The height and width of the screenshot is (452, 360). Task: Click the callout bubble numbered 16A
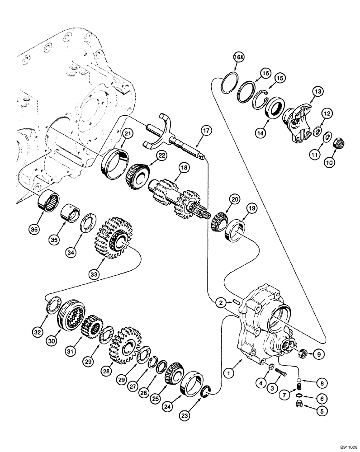(238, 58)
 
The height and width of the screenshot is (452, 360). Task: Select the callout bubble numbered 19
(251, 208)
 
